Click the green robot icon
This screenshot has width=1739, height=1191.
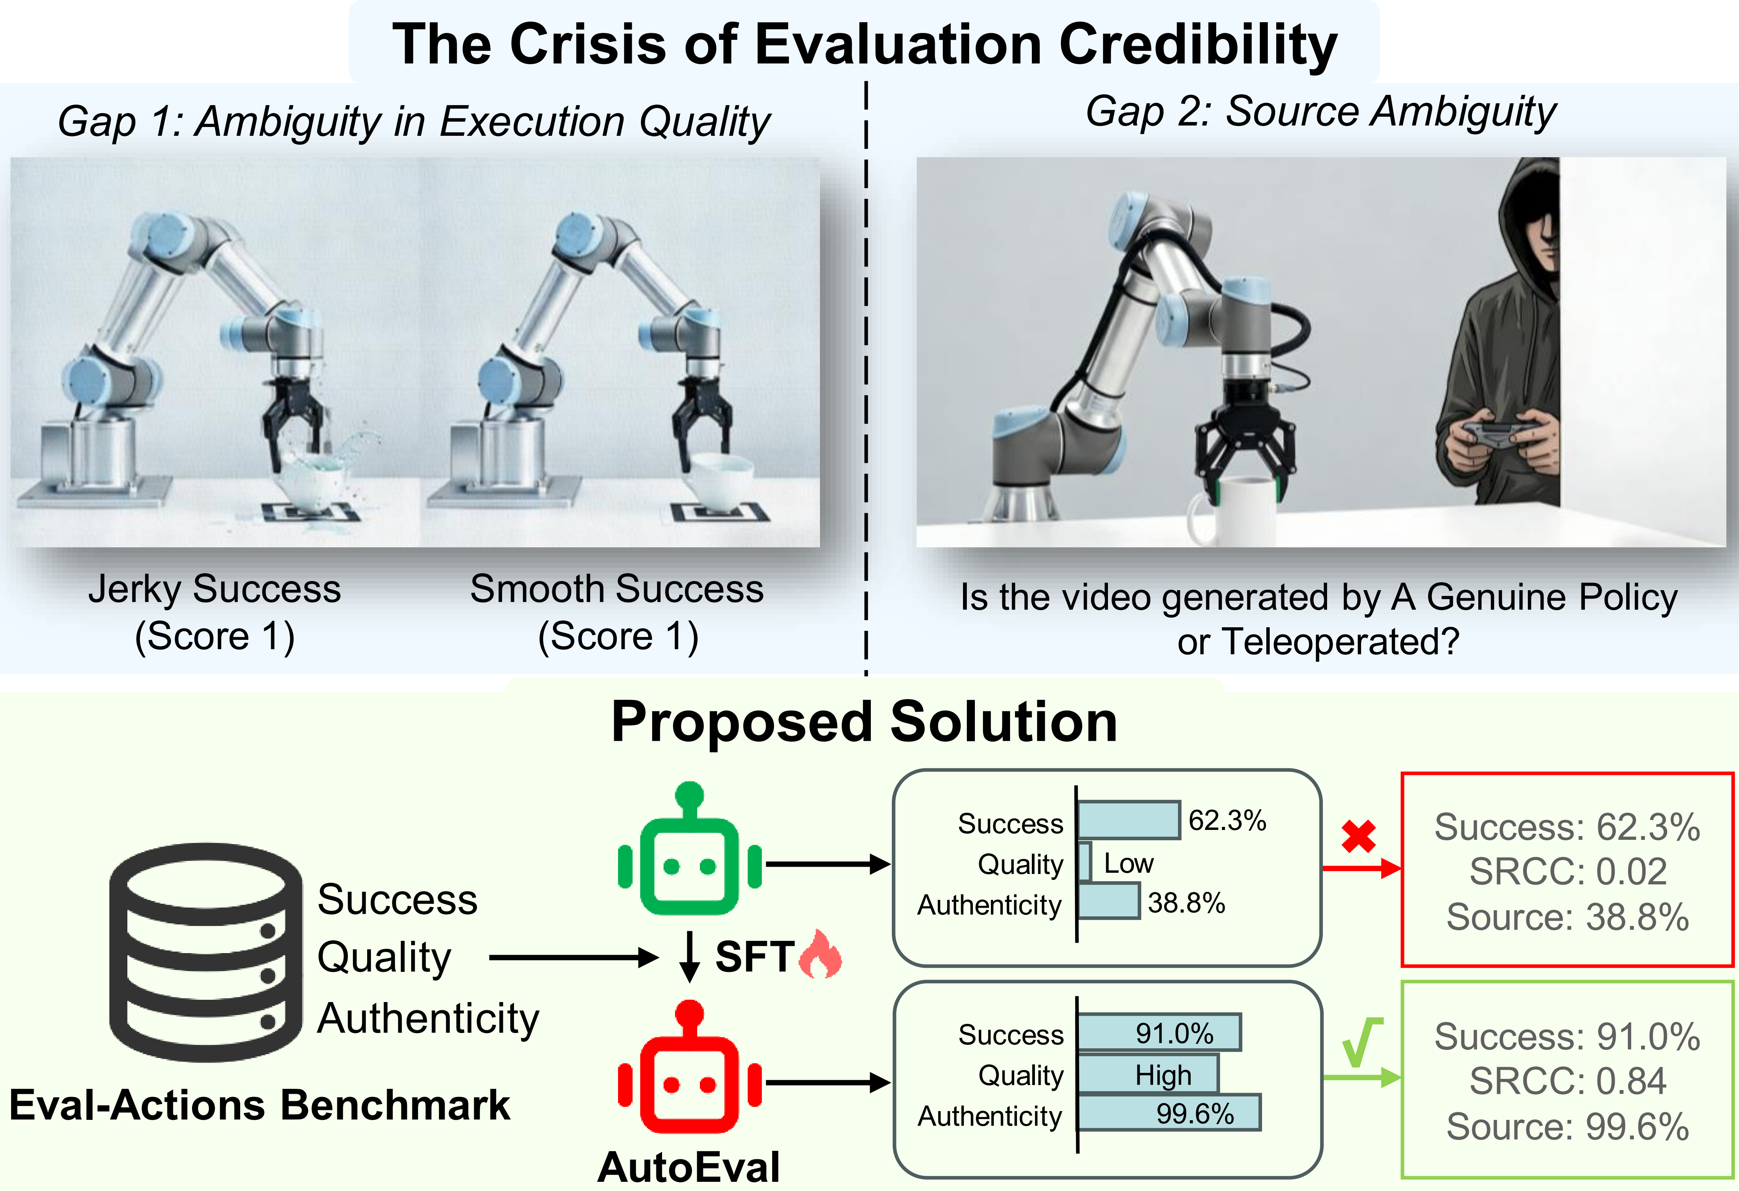tap(689, 853)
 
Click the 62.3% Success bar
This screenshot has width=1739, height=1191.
tap(1128, 820)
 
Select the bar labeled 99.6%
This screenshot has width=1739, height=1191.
tap(1169, 1113)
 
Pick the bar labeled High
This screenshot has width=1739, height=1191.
tap(1148, 1074)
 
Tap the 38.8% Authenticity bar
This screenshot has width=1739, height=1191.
tap(1108, 902)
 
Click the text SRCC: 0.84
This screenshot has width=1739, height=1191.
tap(1568, 1081)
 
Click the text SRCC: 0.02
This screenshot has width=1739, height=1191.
tap(1568, 872)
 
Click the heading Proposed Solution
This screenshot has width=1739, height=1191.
tap(864, 722)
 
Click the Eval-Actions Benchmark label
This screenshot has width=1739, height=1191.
tap(260, 1105)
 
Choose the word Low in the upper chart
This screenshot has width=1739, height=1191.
tap(1128, 863)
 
